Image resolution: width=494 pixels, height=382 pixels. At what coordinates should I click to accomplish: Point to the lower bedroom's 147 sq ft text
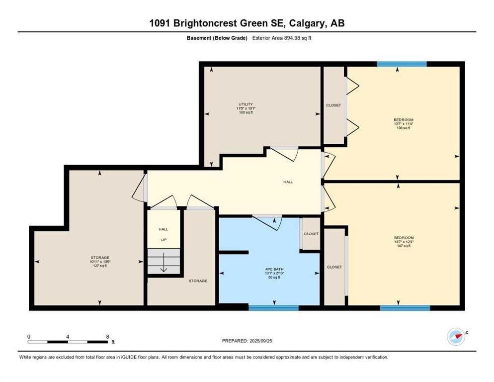(x=403, y=246)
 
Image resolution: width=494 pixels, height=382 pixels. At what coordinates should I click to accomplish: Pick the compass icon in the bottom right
(x=456, y=337)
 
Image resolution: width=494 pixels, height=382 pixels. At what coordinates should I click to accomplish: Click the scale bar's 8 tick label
(x=107, y=336)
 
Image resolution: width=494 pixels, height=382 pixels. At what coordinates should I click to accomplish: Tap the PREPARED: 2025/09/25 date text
(x=247, y=341)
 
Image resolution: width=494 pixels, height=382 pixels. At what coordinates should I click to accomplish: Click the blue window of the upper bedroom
(x=402, y=64)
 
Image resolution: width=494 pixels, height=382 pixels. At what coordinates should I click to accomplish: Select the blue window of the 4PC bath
(x=273, y=308)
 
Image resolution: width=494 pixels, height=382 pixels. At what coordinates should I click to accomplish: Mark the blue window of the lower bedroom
(x=405, y=308)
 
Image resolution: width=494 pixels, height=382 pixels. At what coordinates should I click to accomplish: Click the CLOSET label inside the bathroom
(x=311, y=234)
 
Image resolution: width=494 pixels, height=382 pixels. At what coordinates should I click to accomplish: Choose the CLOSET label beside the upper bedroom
(x=333, y=105)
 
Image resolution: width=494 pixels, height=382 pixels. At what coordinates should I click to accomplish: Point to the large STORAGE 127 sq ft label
(x=100, y=262)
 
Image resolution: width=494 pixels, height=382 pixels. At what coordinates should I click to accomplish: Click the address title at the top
(x=247, y=23)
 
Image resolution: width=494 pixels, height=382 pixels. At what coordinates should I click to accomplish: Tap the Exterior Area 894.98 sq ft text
(x=282, y=38)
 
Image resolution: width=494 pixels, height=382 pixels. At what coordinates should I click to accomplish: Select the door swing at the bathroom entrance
(x=267, y=223)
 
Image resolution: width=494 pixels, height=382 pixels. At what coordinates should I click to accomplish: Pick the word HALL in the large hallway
(x=288, y=182)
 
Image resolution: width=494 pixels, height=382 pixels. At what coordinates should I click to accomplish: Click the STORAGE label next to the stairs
(x=197, y=281)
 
